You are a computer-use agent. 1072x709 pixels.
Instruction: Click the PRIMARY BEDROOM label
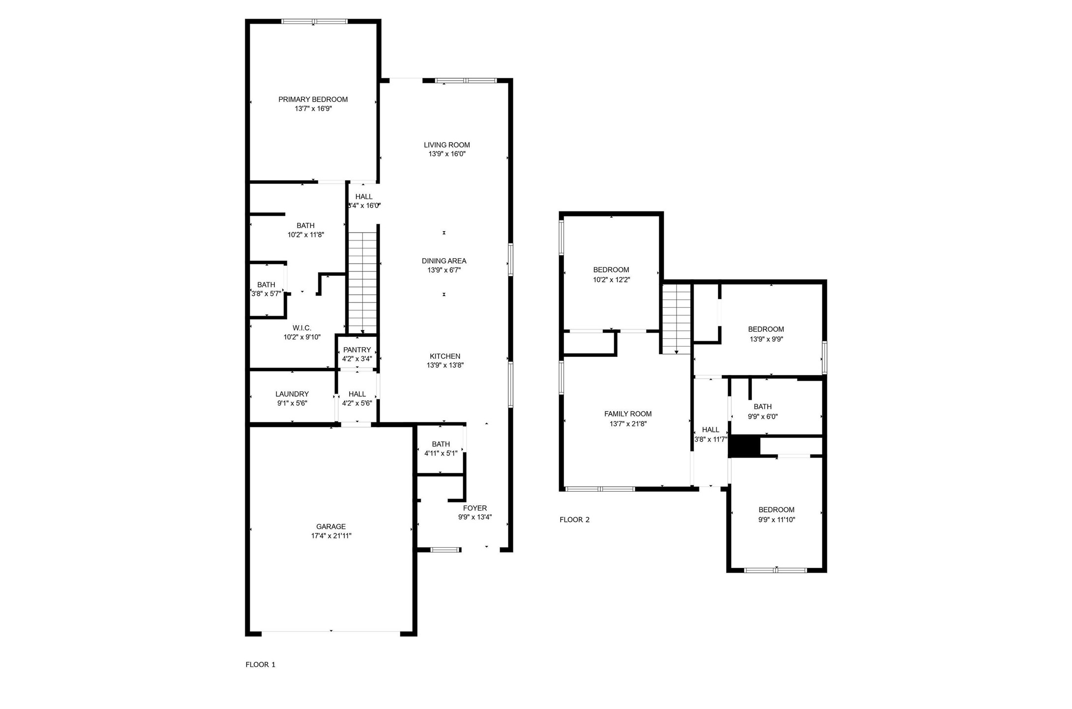point(313,99)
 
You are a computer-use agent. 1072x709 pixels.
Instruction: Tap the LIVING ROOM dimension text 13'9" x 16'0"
point(447,154)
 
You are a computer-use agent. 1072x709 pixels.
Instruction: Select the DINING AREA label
point(444,261)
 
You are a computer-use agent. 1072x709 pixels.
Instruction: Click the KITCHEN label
point(445,356)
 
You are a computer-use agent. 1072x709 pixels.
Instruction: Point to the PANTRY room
point(357,354)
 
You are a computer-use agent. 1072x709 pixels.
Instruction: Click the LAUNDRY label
point(292,394)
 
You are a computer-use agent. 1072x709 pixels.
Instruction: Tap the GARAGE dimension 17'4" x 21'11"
point(331,536)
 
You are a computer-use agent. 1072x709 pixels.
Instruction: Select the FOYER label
point(475,508)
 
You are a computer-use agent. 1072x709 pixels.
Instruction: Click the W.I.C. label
point(302,328)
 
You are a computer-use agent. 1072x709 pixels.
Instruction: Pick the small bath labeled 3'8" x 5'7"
point(266,290)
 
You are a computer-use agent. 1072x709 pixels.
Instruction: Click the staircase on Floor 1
point(362,283)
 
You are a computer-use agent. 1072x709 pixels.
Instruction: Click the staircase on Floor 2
point(677,320)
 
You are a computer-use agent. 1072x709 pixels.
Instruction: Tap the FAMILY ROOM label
point(627,414)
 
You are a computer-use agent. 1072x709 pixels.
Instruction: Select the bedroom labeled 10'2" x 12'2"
point(611,274)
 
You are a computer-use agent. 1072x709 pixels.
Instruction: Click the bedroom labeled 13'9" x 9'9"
point(766,334)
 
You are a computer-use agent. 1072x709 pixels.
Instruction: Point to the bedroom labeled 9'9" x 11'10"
point(776,514)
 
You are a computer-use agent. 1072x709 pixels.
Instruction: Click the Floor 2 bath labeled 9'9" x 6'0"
point(762,411)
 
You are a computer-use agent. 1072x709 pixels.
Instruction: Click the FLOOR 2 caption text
point(574,520)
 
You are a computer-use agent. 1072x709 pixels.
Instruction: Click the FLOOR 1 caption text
point(260,665)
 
